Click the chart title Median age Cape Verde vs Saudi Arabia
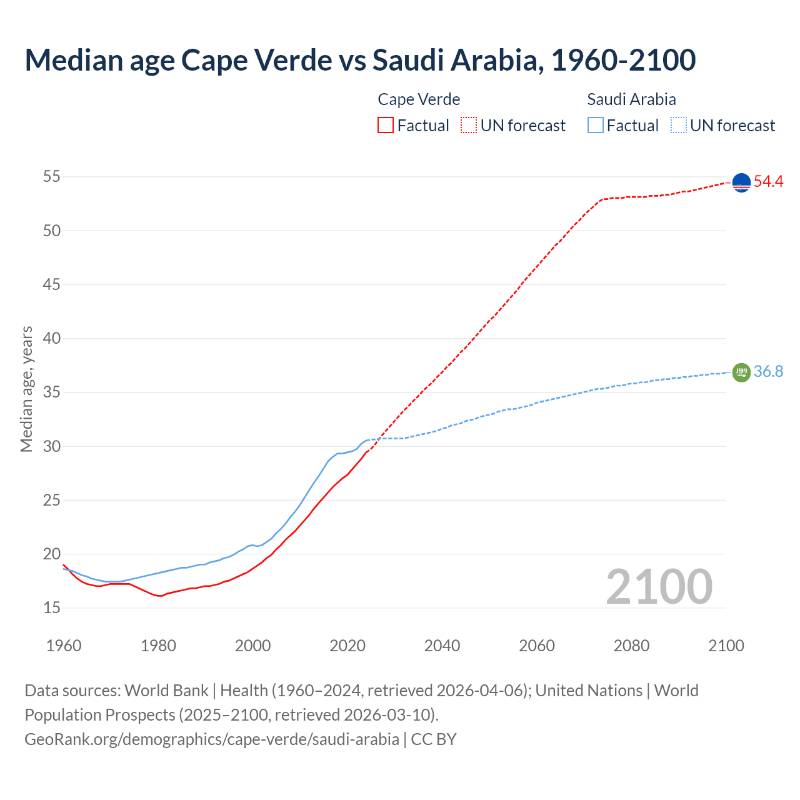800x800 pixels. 360,60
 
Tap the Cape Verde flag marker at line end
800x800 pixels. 741,182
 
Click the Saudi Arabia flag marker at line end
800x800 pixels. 741,372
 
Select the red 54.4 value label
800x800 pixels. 768,182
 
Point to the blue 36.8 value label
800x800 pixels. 768,372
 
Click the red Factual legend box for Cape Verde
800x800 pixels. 386,126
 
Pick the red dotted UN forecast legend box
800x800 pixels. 469,126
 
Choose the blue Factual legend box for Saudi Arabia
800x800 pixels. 596,126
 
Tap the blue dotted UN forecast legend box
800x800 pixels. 679,126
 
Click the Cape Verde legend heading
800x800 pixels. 419,99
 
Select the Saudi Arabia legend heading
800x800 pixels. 631,99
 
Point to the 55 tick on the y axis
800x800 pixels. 52,177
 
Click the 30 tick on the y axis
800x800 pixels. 52,446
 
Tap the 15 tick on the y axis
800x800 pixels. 52,608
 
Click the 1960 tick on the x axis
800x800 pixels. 64,646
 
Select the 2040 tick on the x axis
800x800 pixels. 442,646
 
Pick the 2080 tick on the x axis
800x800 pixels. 631,646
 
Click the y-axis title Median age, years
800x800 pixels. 26,389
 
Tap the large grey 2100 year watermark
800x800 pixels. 659,587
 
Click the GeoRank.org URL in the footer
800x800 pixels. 212,739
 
